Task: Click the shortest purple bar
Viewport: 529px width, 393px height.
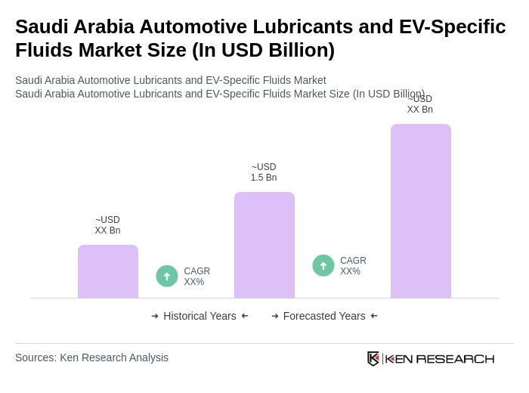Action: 108,271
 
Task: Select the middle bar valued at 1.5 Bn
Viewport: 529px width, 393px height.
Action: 264,245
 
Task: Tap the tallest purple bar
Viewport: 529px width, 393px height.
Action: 421,211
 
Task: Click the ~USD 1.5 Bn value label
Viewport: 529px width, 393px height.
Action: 264,172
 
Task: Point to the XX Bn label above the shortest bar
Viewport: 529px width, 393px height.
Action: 107,225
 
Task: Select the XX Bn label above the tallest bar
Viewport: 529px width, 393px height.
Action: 420,105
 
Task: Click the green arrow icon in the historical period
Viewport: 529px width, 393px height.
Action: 167,276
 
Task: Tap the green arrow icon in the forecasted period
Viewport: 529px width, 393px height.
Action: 323,265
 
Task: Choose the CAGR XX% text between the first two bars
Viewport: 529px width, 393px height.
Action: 196,277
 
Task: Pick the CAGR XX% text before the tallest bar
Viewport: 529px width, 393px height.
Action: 353,266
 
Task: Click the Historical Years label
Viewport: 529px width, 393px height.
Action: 200,316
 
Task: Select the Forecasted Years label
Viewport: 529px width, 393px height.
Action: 324,316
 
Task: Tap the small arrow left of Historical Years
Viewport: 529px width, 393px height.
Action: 155,316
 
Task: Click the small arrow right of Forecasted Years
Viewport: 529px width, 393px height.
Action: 374,316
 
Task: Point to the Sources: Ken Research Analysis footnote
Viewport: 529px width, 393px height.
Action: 91,357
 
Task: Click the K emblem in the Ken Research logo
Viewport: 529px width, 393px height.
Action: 373,358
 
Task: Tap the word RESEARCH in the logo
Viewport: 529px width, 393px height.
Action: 455,358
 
